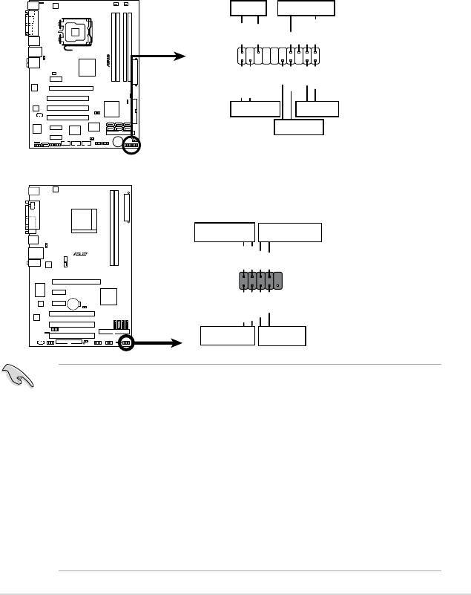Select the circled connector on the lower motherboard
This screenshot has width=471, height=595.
pyautogui.click(x=126, y=342)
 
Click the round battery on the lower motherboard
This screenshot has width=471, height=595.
pyautogui.click(x=73, y=305)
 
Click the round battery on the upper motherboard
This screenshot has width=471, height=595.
pyautogui.click(x=118, y=141)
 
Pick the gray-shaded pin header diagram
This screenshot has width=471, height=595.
pyautogui.click(x=260, y=281)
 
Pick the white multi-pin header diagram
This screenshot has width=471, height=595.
pyautogui.click(x=279, y=56)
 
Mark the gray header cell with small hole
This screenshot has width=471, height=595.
pyautogui.click(x=277, y=281)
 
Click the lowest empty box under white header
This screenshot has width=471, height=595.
pyautogui.click(x=299, y=127)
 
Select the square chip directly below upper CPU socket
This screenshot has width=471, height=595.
pyautogui.click(x=87, y=67)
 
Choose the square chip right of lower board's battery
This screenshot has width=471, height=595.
pyautogui.click(x=108, y=296)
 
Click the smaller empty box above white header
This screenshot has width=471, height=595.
pyautogui.click(x=248, y=9)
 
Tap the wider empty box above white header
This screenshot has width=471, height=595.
pyautogui.click(x=306, y=9)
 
